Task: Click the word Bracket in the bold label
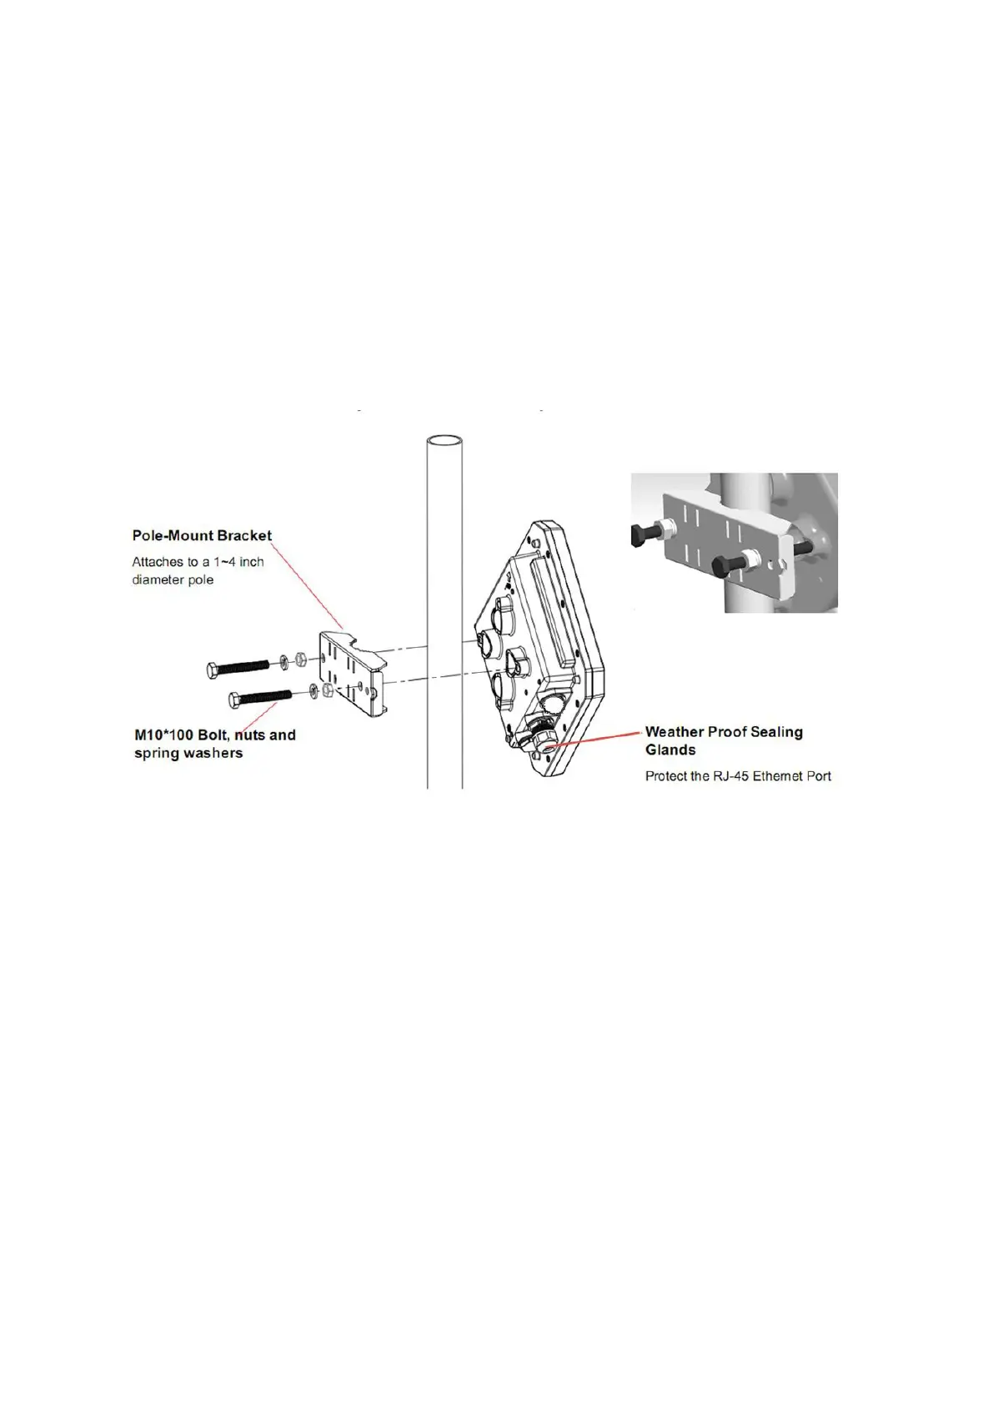244,536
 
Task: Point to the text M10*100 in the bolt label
164,735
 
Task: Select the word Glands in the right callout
670,750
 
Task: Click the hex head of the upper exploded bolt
213,669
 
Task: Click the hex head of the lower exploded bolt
236,699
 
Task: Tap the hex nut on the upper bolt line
302,662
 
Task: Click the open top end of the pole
444,442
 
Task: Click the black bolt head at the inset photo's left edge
640,536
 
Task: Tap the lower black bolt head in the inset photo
722,569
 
